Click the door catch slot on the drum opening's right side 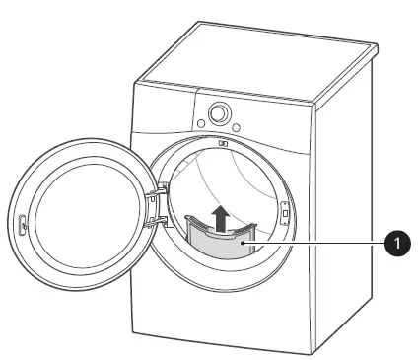pyautogui.click(x=285, y=211)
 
